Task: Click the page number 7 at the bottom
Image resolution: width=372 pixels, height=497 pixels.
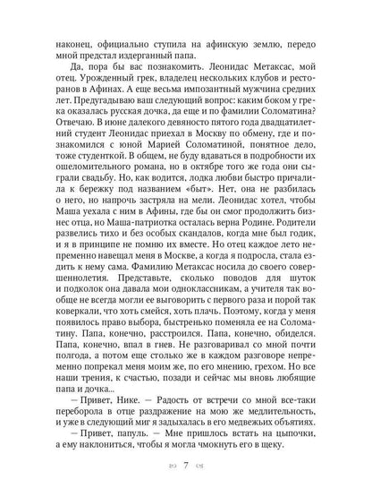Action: (186, 467)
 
